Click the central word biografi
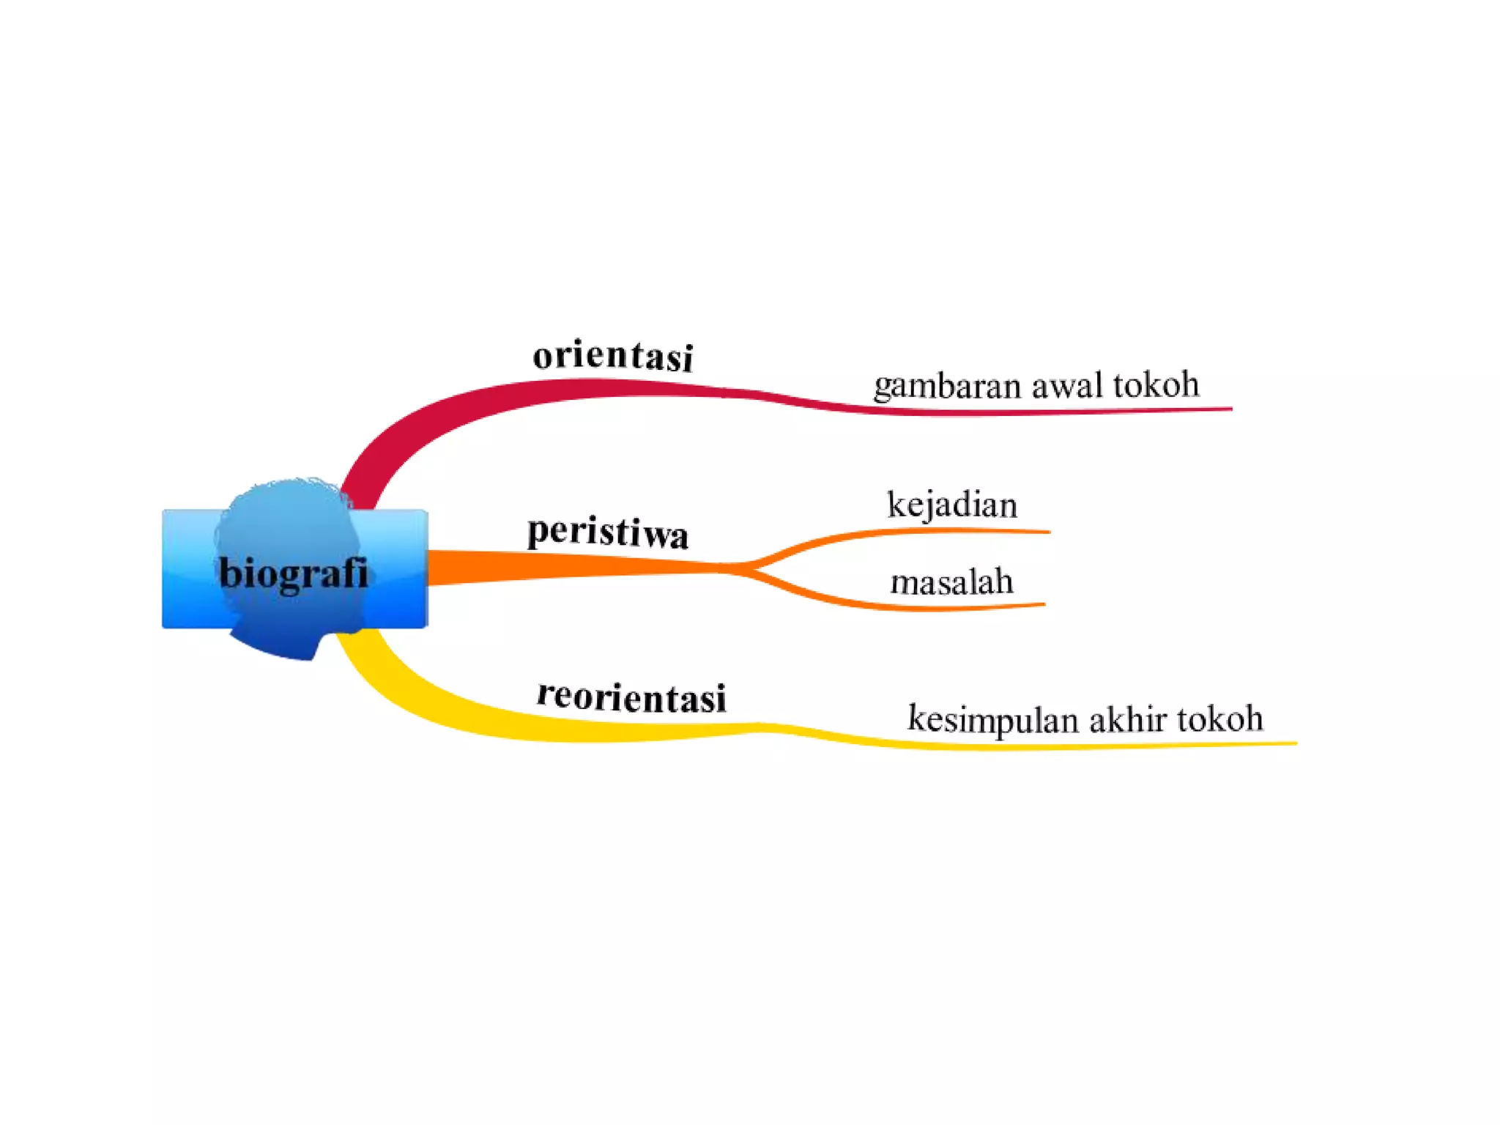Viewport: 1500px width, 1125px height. [293, 573]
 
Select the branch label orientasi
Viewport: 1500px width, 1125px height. [612, 356]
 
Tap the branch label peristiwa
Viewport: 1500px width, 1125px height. [607, 532]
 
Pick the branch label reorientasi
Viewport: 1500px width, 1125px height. [631, 697]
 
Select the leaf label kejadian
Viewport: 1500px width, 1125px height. [952, 505]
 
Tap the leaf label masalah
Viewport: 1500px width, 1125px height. [951, 583]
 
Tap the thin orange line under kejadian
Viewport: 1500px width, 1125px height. [952, 531]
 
